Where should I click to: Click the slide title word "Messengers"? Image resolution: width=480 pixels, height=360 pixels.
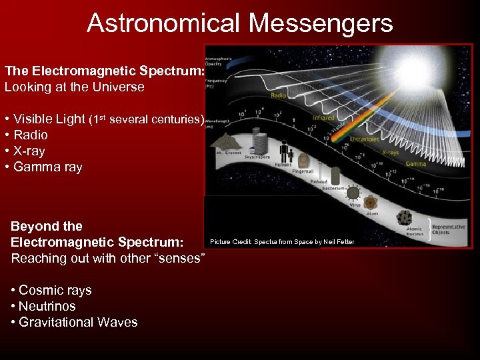[x=321, y=23]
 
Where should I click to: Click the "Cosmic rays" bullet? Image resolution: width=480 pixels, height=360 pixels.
[x=55, y=290]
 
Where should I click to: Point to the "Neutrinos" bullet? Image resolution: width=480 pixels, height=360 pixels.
[x=47, y=306]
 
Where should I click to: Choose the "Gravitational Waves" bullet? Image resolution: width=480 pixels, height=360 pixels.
[x=78, y=322]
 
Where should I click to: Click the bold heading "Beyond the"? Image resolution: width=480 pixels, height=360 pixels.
[x=47, y=226]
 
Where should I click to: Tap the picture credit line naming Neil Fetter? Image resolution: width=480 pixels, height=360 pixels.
[x=282, y=241]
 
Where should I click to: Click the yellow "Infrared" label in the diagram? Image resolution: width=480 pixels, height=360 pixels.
[x=323, y=118]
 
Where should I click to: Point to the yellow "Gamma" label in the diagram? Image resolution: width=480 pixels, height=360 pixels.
[x=415, y=163]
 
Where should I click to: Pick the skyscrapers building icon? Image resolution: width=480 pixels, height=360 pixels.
[x=259, y=144]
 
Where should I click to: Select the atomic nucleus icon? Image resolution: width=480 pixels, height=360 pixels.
[x=404, y=217]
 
